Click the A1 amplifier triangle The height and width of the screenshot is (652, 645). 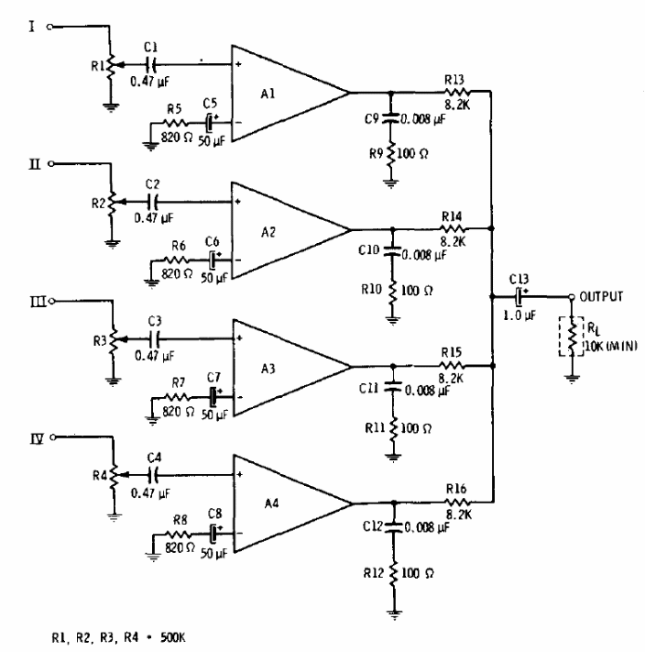coord(285,93)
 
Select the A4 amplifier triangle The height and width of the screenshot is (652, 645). coord(285,502)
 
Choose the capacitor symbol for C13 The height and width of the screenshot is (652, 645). coord(519,296)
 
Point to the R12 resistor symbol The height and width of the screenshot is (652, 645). coord(393,573)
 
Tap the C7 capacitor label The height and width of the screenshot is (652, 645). coord(214,378)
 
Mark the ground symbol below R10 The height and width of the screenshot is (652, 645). coord(393,320)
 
